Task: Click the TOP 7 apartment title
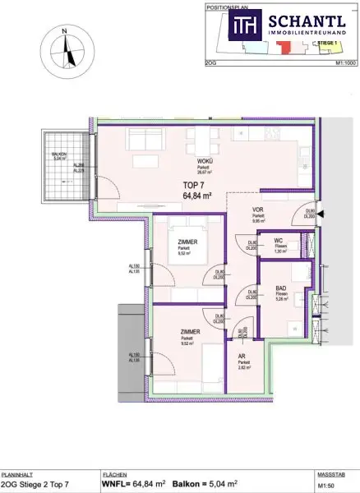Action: coord(190,186)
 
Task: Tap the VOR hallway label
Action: coord(257,210)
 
